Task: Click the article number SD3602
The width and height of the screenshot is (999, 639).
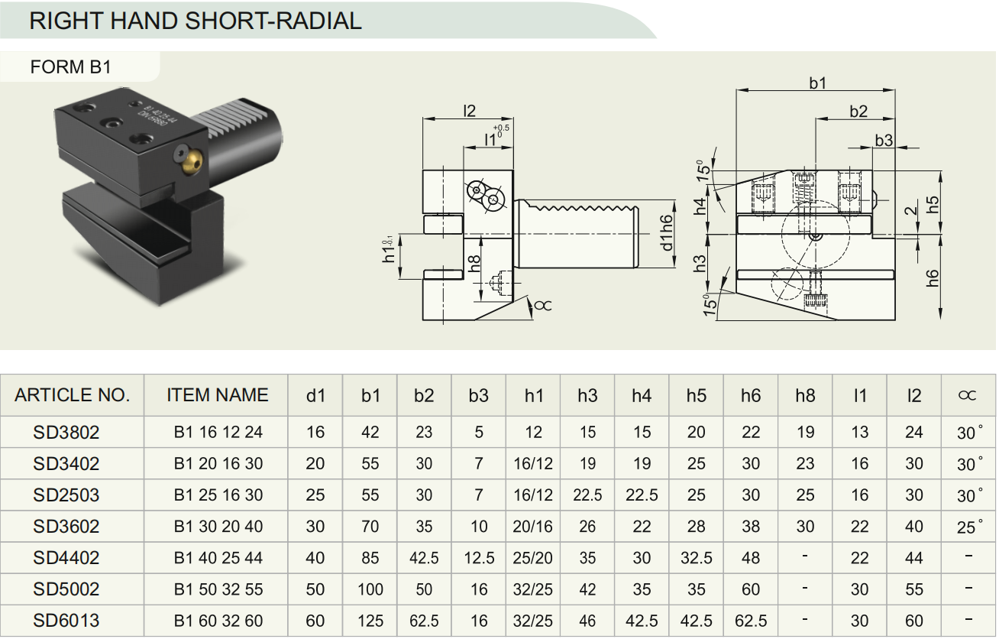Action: coord(66,527)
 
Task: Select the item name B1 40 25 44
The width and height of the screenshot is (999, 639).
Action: coord(218,558)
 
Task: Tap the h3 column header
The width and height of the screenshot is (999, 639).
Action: coord(587,395)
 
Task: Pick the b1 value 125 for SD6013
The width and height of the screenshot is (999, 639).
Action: coord(370,621)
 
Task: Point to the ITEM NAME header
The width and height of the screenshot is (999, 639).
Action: coord(217,395)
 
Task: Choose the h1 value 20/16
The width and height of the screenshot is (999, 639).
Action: coord(532,527)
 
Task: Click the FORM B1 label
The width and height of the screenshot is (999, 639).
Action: coord(70,67)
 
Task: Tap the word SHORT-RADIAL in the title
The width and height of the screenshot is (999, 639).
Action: coord(273,21)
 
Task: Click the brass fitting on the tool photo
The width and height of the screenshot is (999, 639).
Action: coord(192,161)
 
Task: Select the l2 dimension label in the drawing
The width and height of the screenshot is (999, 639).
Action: coord(469,111)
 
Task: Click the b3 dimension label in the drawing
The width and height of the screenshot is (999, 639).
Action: coord(884,141)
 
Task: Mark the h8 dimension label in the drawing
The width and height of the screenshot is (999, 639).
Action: coord(474,263)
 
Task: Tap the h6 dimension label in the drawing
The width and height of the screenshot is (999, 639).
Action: coord(932,278)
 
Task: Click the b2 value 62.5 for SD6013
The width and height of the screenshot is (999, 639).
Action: coord(424,621)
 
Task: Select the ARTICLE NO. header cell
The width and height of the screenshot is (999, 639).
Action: coord(72,395)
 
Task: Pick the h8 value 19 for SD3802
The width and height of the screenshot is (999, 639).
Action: coord(805,432)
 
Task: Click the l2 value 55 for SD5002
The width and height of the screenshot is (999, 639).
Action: coord(913,589)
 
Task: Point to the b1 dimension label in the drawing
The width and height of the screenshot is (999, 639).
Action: coord(817,83)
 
